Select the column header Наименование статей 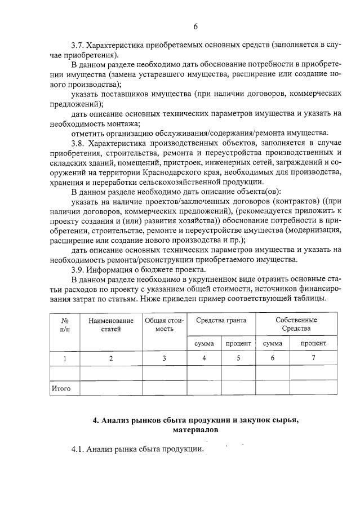click(111, 325)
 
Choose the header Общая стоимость click(165, 325)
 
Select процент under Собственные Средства click(313, 343)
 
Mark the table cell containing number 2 click(111, 358)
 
